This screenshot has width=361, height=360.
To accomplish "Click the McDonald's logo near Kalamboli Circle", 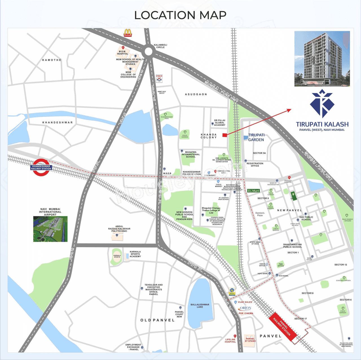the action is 128,33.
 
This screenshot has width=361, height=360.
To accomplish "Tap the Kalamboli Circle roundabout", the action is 148,52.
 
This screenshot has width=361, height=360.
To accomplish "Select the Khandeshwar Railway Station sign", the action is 41,167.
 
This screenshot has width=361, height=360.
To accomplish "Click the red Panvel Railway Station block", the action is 283,327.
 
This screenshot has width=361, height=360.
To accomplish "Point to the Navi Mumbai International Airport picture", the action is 50,229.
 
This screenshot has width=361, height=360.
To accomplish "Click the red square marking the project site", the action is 225,135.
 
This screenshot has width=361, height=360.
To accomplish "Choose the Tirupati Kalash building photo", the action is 322,59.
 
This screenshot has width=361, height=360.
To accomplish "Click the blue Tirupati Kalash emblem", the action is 322,103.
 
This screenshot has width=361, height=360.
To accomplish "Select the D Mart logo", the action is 253,191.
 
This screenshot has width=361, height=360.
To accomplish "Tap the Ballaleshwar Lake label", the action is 200,306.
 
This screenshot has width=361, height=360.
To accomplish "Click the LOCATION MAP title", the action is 180,15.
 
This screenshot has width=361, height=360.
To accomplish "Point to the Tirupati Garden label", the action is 256,137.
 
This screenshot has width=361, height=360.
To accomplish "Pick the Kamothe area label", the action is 52,60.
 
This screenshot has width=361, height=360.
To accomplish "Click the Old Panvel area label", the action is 157,320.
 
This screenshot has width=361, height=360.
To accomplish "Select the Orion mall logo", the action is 245,308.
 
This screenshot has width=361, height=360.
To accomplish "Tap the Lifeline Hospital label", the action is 230,341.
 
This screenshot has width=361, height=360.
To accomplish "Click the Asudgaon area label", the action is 196,94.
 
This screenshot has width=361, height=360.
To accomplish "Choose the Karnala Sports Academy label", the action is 135,254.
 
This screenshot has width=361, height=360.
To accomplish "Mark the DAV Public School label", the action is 306,218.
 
